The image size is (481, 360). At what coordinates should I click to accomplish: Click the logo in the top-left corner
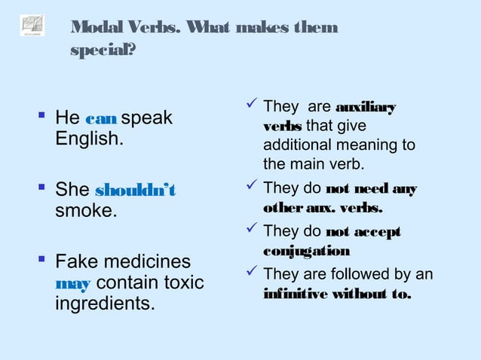32,25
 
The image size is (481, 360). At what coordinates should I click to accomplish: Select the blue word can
100,119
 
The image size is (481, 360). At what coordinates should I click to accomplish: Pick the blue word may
73,284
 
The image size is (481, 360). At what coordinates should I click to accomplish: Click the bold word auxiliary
365,108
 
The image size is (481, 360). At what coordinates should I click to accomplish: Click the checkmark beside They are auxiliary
251,106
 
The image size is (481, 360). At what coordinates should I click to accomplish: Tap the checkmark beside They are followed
251,273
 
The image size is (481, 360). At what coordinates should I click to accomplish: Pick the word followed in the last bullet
370,274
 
